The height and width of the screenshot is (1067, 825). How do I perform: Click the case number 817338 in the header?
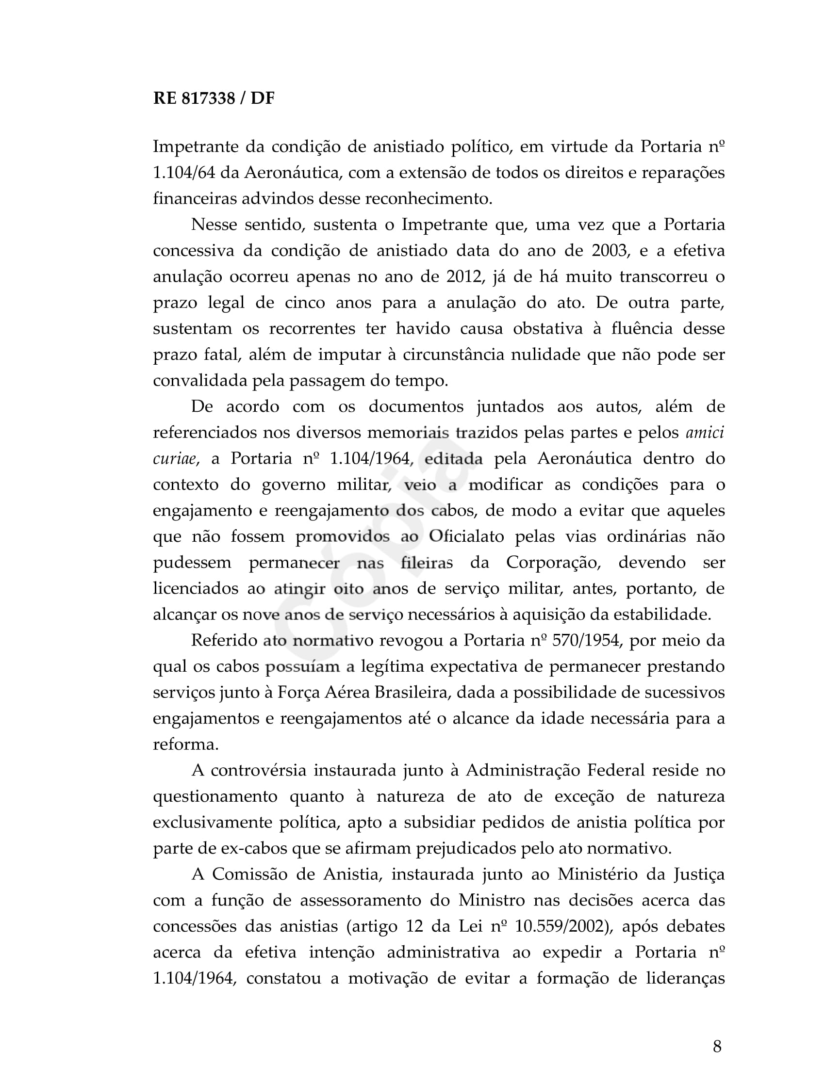[208, 98]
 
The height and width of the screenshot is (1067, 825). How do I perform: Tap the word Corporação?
[553, 562]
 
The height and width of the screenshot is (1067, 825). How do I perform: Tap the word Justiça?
[699, 874]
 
